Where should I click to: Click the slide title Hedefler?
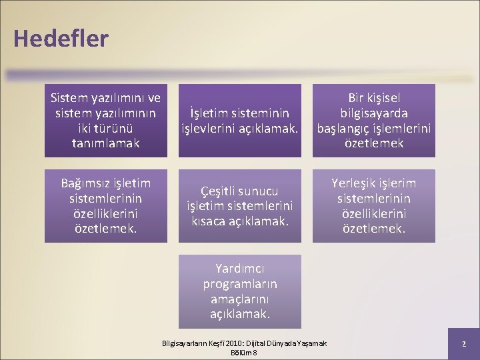[x=60, y=39]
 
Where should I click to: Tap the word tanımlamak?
[x=106, y=143]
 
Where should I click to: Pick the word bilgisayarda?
[x=373, y=113]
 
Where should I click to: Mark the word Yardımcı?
[x=239, y=269]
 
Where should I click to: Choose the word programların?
[x=239, y=283]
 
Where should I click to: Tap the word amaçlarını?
[x=239, y=299]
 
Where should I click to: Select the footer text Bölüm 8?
[x=244, y=352]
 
